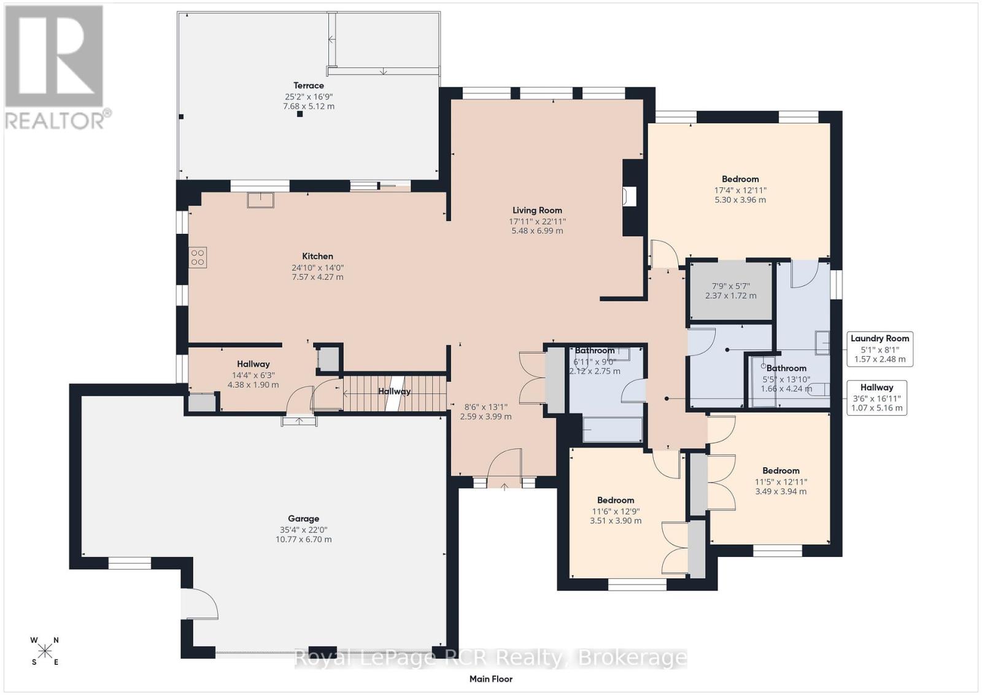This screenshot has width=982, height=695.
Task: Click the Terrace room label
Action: [309, 85]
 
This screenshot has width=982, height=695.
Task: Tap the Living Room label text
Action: [537, 211]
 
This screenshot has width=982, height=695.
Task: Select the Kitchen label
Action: [317, 256]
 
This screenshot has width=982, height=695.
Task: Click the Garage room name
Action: [303, 519]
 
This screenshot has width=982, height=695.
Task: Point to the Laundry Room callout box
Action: [880, 349]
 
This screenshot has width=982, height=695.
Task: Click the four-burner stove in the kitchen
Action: [198, 257]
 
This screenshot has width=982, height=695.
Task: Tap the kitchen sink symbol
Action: [260, 200]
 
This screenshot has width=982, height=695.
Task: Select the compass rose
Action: [44, 651]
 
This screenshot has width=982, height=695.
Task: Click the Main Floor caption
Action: [490, 679]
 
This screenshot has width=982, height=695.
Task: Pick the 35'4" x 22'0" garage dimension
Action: [303, 530]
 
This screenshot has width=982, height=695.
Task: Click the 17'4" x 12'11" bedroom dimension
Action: [740, 190]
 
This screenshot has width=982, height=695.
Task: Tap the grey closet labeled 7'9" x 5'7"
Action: [731, 291]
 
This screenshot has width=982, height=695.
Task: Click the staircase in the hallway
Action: [395, 394]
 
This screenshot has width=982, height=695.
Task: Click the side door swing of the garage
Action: [200, 604]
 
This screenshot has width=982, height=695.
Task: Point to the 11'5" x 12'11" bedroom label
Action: [781, 481]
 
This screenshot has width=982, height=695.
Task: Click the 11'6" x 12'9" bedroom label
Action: [616, 510]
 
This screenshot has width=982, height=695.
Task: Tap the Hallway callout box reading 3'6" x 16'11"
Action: [877, 398]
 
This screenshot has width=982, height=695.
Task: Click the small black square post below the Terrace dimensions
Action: [300, 114]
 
